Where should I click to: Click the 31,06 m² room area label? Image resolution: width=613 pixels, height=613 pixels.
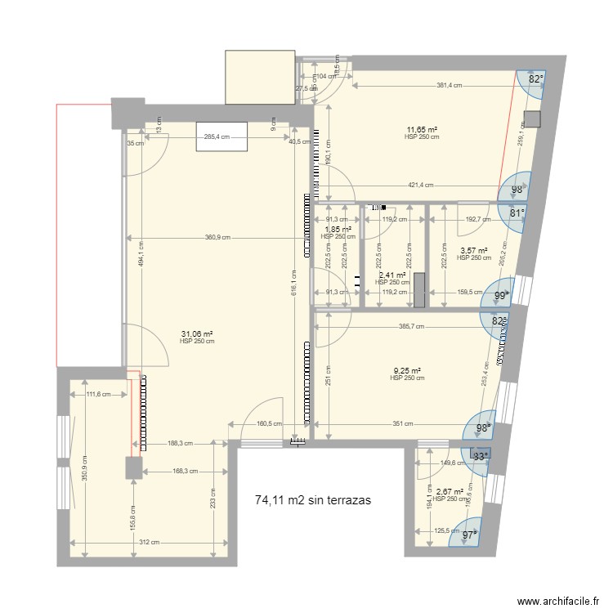196,333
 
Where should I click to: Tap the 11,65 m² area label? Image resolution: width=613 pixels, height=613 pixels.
422,130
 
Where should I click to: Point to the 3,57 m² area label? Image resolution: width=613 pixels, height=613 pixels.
473,251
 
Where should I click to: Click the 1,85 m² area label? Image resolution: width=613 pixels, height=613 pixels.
338,230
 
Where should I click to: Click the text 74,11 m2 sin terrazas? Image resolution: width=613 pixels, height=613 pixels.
313,499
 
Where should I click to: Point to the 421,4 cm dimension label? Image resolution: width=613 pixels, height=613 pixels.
422,186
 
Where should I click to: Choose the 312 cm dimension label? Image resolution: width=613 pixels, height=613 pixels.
148,543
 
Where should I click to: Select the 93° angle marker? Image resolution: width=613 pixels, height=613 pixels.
480,457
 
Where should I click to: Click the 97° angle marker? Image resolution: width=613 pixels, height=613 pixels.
469,534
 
